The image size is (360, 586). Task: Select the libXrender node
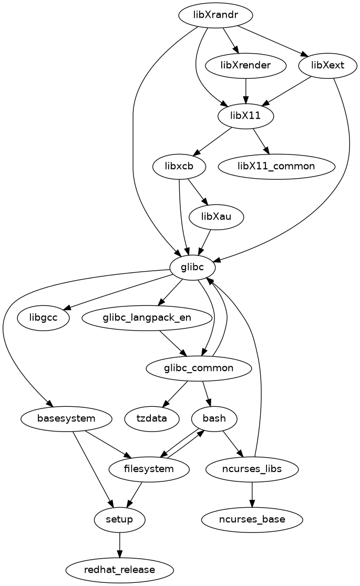[246, 66]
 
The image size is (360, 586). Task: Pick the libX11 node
[246, 116]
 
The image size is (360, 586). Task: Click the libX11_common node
[276, 166]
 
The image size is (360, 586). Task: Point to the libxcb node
[179, 166]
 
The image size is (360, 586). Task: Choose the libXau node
[216, 217]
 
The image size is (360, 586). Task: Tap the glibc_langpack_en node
[147, 317]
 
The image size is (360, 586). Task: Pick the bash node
[214, 418]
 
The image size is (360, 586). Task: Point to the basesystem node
[67, 418]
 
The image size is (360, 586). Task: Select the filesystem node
[149, 469]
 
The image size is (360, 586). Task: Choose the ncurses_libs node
[253, 469]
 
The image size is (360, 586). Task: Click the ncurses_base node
[253, 519]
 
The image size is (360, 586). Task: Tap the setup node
[120, 519]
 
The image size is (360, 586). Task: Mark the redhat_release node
[120, 570]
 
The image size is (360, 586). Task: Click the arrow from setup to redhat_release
[120, 544]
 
